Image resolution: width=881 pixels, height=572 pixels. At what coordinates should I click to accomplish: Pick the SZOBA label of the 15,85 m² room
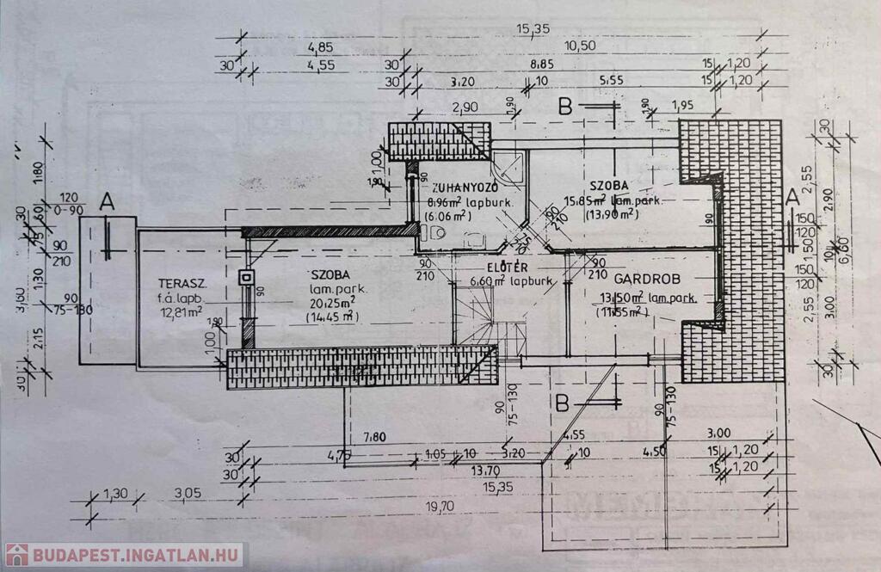pyautogui.click(x=609, y=187)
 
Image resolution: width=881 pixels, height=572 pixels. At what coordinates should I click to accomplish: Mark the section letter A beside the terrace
pyautogui.click(x=107, y=202)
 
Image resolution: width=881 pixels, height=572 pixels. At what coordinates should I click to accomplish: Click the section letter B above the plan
pyautogui.click(x=565, y=108)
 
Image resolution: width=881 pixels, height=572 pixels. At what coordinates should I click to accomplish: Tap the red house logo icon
pyautogui.click(x=17, y=555)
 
